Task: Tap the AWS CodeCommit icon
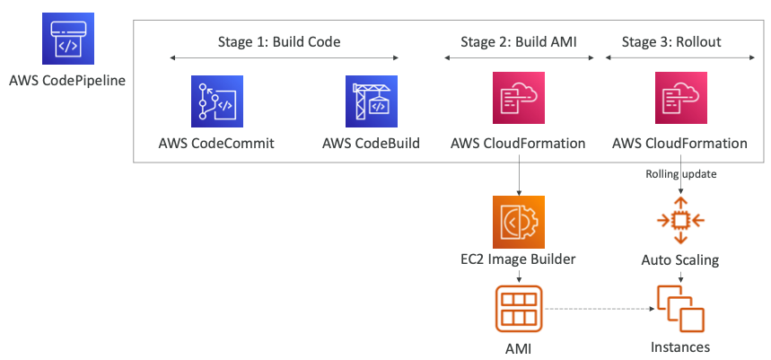(x=216, y=101)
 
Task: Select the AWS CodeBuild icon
(x=372, y=101)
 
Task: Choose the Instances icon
(x=679, y=308)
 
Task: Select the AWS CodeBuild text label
(x=372, y=143)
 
